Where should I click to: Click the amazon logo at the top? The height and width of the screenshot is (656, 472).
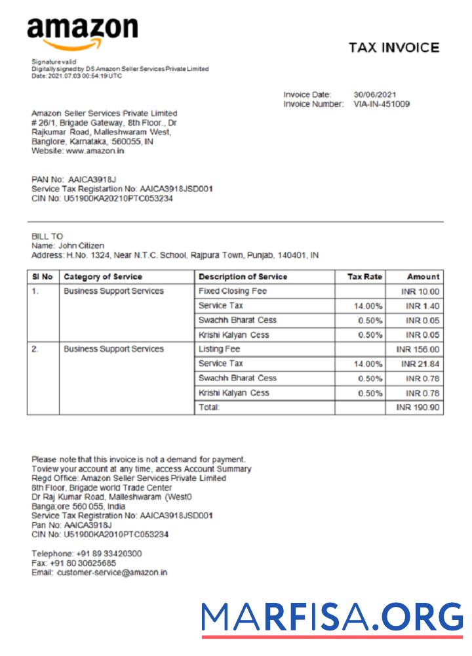(83, 33)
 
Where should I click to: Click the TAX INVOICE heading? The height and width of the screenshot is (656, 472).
(393, 48)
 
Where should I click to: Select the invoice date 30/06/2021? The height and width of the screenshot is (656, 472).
(375, 94)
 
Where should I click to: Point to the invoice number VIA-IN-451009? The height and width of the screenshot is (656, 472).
(382, 104)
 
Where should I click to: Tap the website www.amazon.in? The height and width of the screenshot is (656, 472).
(95, 150)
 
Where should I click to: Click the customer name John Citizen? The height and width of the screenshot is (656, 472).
(81, 245)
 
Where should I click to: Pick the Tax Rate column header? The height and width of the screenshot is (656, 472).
(365, 277)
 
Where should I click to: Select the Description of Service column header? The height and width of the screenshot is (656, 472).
(243, 277)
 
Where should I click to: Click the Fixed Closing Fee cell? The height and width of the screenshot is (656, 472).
(232, 291)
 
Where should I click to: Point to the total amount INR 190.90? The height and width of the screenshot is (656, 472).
(418, 407)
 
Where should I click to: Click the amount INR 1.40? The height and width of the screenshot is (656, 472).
(423, 306)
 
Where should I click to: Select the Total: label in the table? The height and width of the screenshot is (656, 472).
(209, 407)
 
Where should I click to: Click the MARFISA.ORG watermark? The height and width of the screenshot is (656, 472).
(332, 617)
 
